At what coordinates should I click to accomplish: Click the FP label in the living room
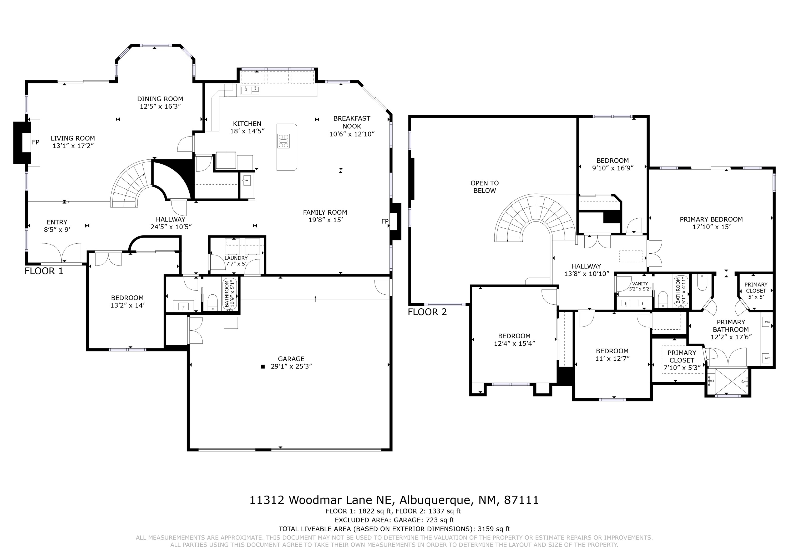click(x=36, y=142)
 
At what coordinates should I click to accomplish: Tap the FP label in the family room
click(x=385, y=222)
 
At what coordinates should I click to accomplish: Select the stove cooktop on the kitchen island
click(x=284, y=141)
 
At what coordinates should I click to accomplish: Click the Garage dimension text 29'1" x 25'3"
click(x=291, y=366)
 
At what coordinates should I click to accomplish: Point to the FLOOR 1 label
click(x=44, y=271)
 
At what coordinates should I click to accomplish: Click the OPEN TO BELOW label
click(x=484, y=187)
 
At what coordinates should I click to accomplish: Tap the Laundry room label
click(x=236, y=258)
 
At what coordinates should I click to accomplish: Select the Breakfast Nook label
click(x=352, y=122)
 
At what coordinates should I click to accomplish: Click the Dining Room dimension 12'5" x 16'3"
click(x=160, y=106)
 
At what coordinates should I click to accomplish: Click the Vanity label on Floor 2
click(x=640, y=284)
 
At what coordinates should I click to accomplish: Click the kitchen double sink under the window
click(x=250, y=90)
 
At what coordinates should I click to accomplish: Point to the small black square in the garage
click(x=263, y=366)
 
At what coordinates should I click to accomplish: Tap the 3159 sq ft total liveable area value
click(x=493, y=529)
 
